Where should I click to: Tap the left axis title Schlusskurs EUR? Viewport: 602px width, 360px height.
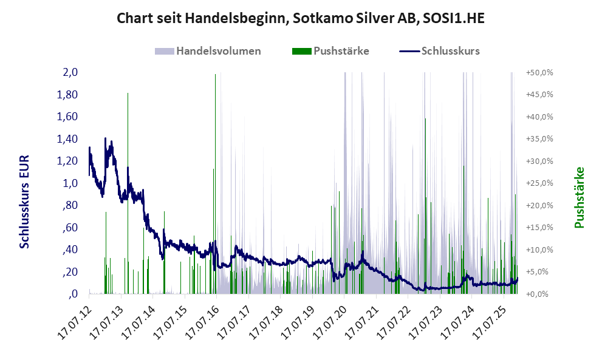point(24,201)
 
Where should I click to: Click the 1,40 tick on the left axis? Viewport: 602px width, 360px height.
point(67,139)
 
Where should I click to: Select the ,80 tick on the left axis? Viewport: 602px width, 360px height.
point(70,205)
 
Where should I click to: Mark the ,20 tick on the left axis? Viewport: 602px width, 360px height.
point(70,272)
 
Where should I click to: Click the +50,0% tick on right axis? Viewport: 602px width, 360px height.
point(539,72)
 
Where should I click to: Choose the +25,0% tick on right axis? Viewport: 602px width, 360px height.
point(539,183)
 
